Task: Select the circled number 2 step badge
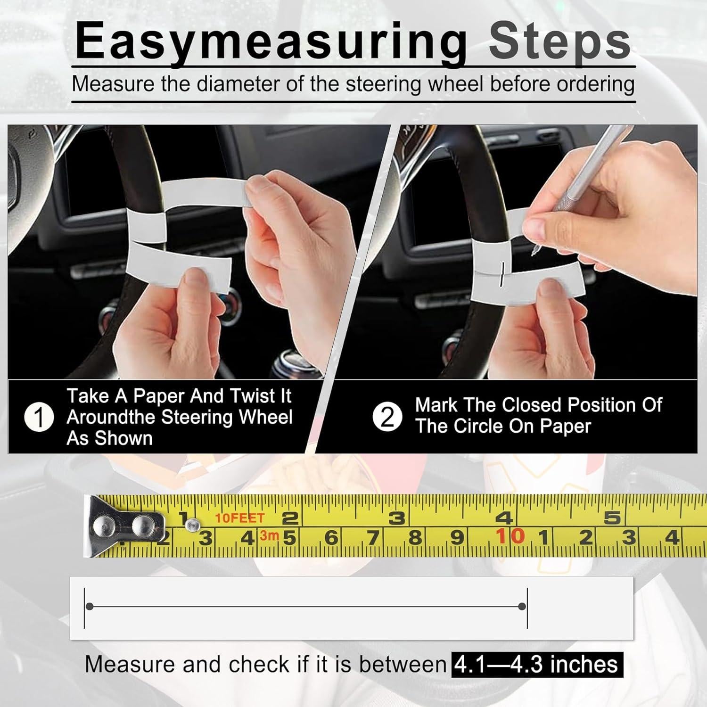click(x=387, y=417)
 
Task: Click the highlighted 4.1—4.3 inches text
click(x=537, y=664)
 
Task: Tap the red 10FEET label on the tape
click(x=239, y=518)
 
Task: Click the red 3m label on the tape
click(x=269, y=535)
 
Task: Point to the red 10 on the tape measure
click(x=510, y=536)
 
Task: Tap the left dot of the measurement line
click(x=90, y=607)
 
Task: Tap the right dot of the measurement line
click(x=522, y=607)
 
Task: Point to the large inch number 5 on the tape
click(x=612, y=518)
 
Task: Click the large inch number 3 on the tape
click(x=397, y=518)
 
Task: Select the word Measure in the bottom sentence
click(x=130, y=664)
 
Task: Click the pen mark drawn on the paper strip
click(x=503, y=274)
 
